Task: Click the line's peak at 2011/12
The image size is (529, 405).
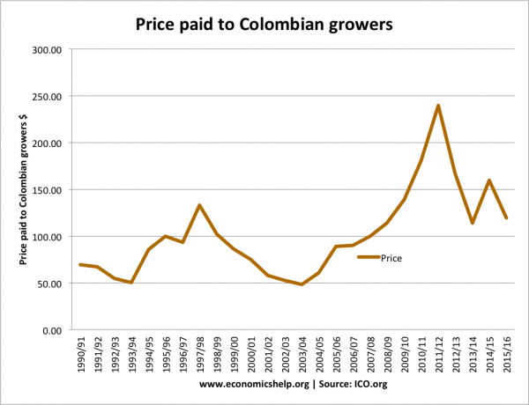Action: coord(438,106)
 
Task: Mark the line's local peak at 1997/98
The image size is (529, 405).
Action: coord(199,205)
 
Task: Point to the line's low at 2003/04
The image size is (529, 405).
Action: coord(302,284)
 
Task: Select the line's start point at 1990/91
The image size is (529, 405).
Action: coord(79,265)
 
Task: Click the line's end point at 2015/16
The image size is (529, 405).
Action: coord(507,218)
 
